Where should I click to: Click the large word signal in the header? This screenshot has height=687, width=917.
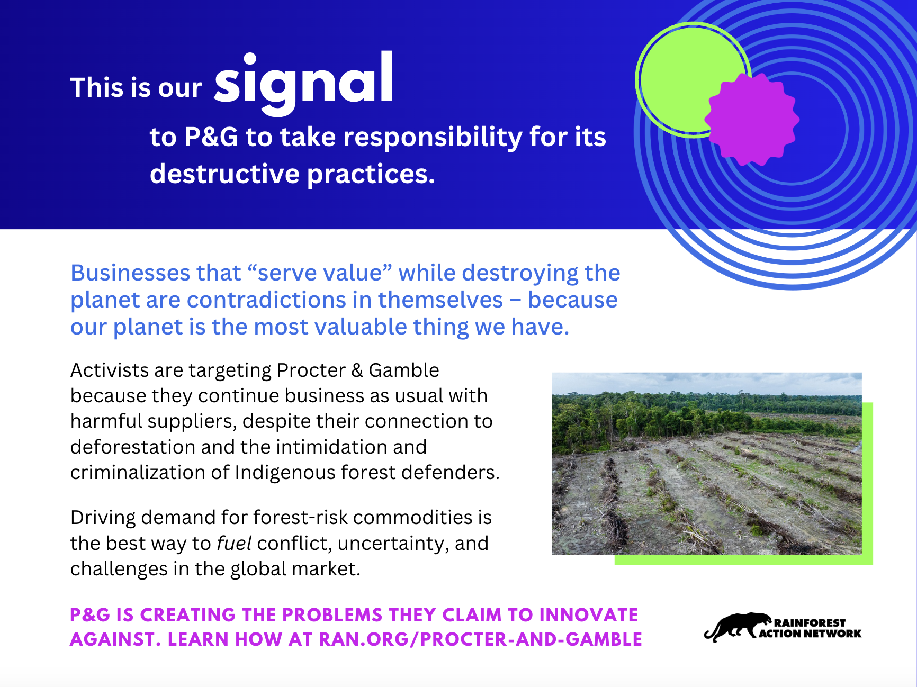pos(303,82)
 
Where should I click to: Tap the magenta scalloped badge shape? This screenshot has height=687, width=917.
pos(752,120)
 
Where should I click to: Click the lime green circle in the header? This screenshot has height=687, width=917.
pos(688,79)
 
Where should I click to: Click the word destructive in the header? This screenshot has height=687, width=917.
pos(225,174)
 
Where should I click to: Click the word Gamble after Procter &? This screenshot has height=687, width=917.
pos(403,370)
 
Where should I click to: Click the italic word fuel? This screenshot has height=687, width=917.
pos(233,544)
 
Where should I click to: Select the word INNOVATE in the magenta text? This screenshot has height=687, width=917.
pos(588,615)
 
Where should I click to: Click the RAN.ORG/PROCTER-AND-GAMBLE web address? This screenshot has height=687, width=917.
pos(480,639)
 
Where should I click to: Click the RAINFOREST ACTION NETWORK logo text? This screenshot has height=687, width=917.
pos(810,628)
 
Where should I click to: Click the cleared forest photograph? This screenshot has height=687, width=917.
pos(707,464)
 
